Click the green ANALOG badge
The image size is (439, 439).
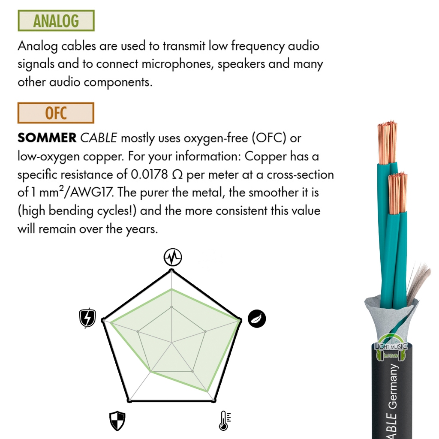click(x=56, y=21)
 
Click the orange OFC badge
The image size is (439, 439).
click(x=56, y=113)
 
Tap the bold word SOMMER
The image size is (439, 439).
click(x=47, y=138)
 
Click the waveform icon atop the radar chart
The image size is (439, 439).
click(x=173, y=257)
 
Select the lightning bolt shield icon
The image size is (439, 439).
click(x=87, y=318)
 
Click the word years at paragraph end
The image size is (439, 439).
click(x=141, y=229)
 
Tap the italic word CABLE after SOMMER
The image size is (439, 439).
click(x=98, y=138)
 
